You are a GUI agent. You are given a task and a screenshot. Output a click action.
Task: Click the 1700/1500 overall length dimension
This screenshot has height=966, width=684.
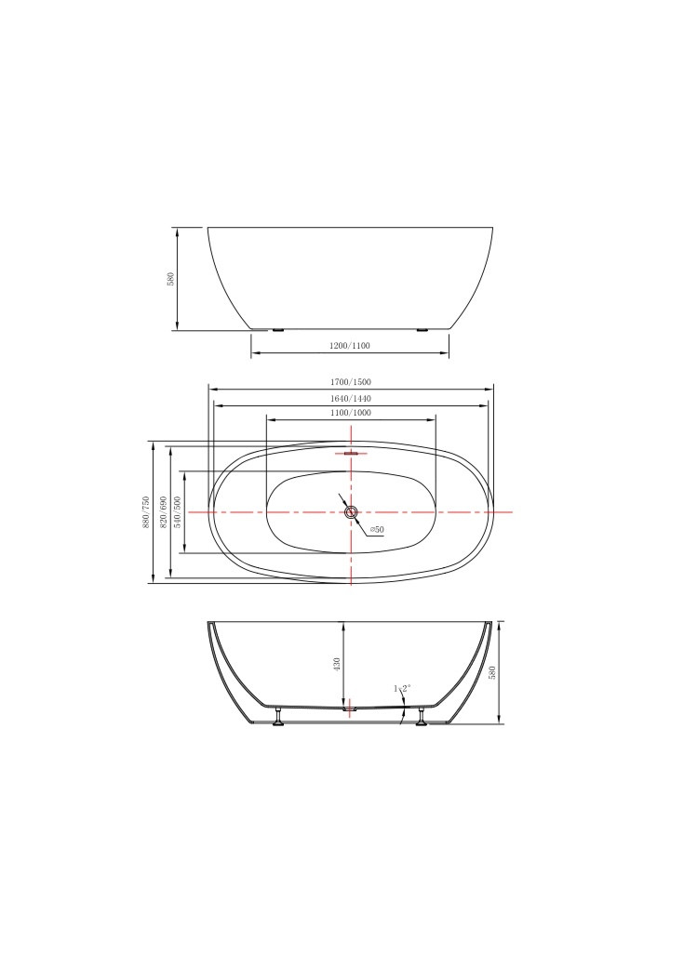(x=350, y=382)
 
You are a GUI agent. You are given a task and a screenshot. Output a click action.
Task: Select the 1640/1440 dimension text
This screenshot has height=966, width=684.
(x=350, y=398)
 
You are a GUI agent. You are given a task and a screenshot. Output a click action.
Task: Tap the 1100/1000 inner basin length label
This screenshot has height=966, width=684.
(x=350, y=413)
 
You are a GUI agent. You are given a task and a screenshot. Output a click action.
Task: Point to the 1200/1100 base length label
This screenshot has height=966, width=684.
(x=350, y=346)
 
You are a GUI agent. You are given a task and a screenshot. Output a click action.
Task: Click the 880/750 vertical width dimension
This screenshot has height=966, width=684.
(x=145, y=511)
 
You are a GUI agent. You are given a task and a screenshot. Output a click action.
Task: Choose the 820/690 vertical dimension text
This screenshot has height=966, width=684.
(x=163, y=511)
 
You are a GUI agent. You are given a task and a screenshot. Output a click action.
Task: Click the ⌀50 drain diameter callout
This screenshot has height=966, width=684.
(x=377, y=530)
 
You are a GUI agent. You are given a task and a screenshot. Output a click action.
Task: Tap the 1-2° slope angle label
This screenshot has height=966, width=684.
(x=402, y=689)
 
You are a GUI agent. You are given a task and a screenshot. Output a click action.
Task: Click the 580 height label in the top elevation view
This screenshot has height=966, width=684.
(x=170, y=279)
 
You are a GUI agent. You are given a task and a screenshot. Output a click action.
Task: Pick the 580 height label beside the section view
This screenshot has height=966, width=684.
(x=493, y=671)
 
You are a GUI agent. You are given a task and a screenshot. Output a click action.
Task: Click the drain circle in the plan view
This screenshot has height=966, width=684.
(x=351, y=512)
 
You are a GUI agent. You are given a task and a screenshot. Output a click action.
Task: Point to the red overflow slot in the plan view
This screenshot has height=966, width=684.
(x=351, y=454)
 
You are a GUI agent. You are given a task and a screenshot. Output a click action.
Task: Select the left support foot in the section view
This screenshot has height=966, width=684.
(x=277, y=717)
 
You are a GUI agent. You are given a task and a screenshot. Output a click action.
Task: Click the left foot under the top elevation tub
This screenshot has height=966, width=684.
(x=276, y=330)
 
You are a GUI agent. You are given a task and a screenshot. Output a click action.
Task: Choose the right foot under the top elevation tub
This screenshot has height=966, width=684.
(x=423, y=330)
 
